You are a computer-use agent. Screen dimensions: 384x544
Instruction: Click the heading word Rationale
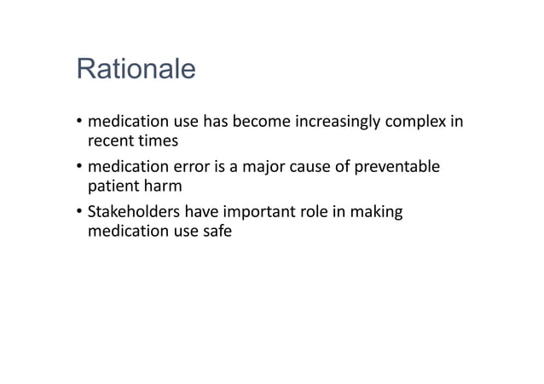pyautogui.click(x=136, y=69)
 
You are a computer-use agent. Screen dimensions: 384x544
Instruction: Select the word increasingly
pyautogui.click(x=344, y=122)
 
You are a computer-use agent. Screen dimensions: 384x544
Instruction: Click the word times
pyautogui.click(x=156, y=140)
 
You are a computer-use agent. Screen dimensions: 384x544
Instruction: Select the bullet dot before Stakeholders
pyautogui.click(x=78, y=211)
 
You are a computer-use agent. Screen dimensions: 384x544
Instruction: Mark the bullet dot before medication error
pyautogui.click(x=78, y=167)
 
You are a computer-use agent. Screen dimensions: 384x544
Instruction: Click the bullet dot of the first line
pyautogui.click(x=78, y=123)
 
